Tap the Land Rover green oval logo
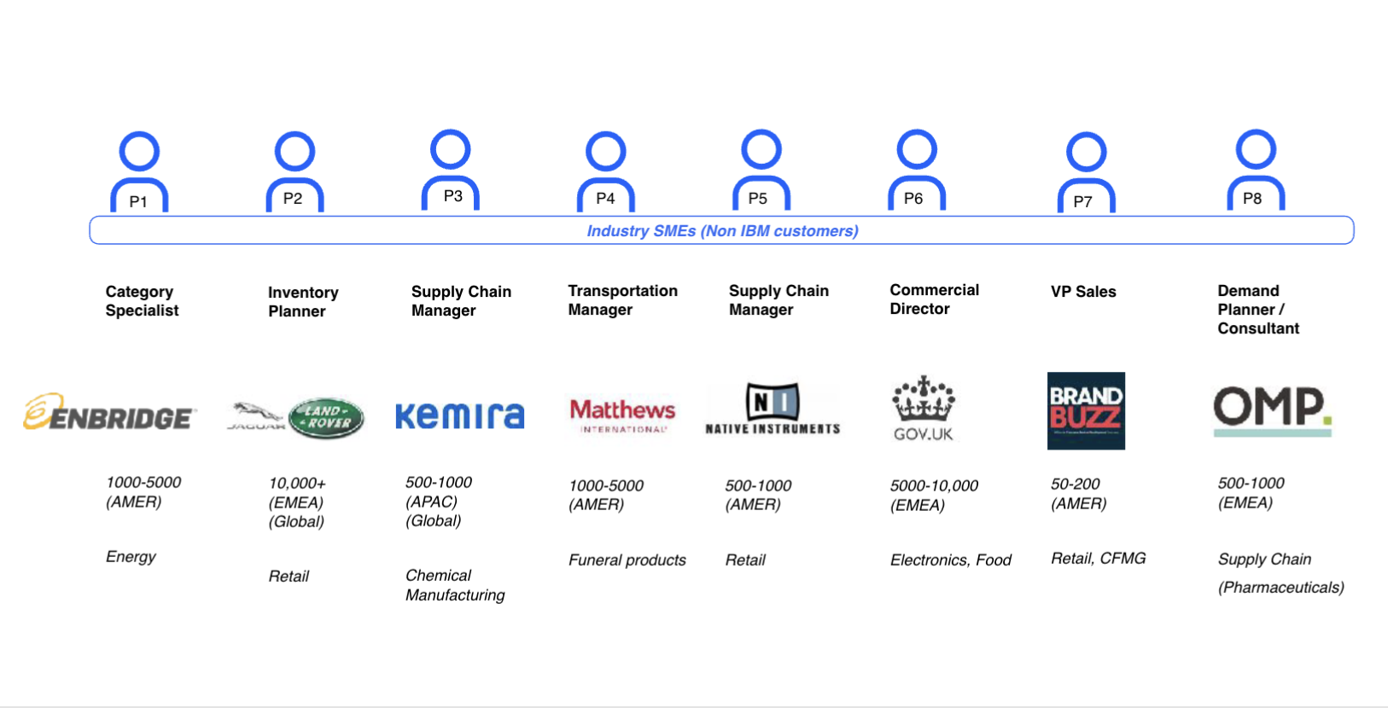(x=326, y=417)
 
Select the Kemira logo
(x=459, y=415)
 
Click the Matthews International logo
(x=622, y=415)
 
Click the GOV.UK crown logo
(x=923, y=409)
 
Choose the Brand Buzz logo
(x=1086, y=410)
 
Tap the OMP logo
(x=1272, y=410)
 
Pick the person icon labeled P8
(x=1256, y=170)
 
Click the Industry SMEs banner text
(x=722, y=231)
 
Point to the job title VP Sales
(x=1083, y=292)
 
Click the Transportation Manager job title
(x=622, y=300)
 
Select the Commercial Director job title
(x=934, y=299)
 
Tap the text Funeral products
(x=627, y=560)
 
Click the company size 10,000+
(x=297, y=484)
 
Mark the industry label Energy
(x=131, y=557)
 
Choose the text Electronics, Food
(x=950, y=560)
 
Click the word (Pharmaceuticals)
(x=1280, y=588)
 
